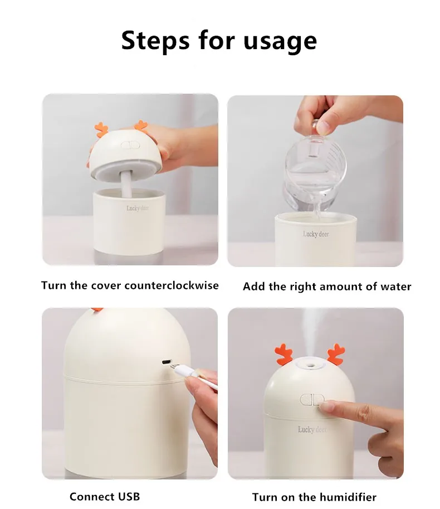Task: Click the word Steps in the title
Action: click(x=155, y=40)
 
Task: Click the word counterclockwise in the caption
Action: click(x=172, y=285)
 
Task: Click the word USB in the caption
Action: click(x=129, y=496)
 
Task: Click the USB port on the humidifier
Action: click(x=167, y=362)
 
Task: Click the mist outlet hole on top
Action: click(x=310, y=365)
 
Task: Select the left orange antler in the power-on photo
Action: click(x=284, y=354)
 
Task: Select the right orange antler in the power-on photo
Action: click(x=336, y=354)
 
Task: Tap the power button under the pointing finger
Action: click(x=311, y=400)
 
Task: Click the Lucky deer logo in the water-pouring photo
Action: click(x=315, y=234)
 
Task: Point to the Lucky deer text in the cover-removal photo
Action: click(x=138, y=208)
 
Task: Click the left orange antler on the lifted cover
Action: click(x=101, y=129)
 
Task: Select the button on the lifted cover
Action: click(x=130, y=145)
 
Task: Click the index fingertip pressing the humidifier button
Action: click(x=325, y=406)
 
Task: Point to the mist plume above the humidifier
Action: click(x=310, y=335)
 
